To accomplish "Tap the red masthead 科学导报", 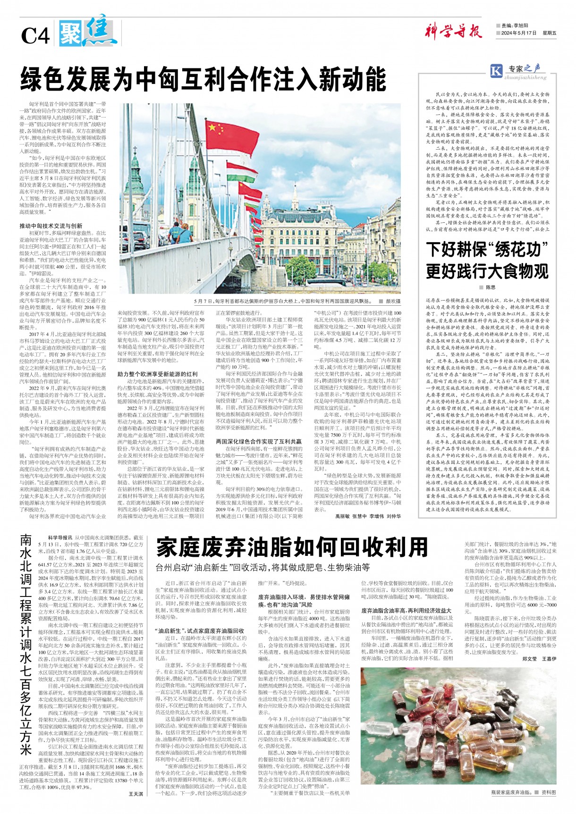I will [x=453, y=32].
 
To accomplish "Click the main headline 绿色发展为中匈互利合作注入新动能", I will [x=203, y=79].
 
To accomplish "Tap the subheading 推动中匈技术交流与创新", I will [x=51, y=226].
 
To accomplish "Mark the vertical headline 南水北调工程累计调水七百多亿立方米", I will [x=27, y=644].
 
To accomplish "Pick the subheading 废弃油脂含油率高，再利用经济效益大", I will [x=407, y=611].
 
